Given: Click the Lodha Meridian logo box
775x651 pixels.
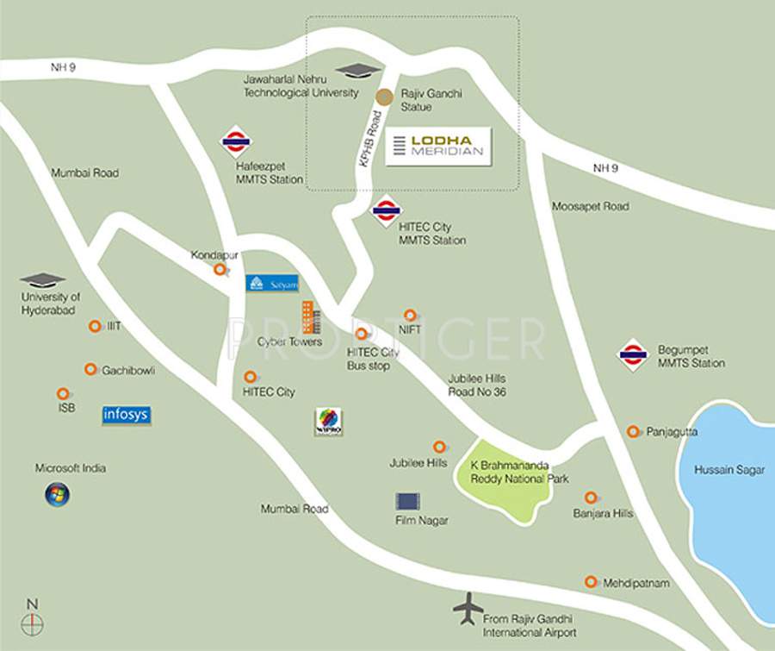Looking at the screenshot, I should pos(437,147).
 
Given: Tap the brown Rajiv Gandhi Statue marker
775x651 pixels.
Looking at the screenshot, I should pos(385,97).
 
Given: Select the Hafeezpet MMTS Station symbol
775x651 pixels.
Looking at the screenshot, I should pos(235,141).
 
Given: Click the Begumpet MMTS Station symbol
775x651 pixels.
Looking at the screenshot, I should pos(633,354).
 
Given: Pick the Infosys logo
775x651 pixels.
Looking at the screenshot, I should pos(127,415).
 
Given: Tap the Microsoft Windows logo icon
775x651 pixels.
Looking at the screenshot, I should pos(58,494).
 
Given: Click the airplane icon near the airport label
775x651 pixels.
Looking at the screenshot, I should pos(468,608).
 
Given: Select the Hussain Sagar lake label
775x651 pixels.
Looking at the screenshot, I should pos(729,470).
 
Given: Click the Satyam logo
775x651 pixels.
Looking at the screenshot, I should pos(272,283).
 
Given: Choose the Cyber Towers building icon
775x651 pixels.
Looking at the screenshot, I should pos(310,317).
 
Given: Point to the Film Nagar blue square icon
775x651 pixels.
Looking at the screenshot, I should pos(407,501).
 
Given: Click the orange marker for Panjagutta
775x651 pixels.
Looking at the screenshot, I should pos(633,431).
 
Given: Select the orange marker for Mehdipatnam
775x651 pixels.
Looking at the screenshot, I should pos(591,582).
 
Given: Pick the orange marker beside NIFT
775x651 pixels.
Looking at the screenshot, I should pos(410,316).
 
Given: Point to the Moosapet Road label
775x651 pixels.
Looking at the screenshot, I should pos(590,207).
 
